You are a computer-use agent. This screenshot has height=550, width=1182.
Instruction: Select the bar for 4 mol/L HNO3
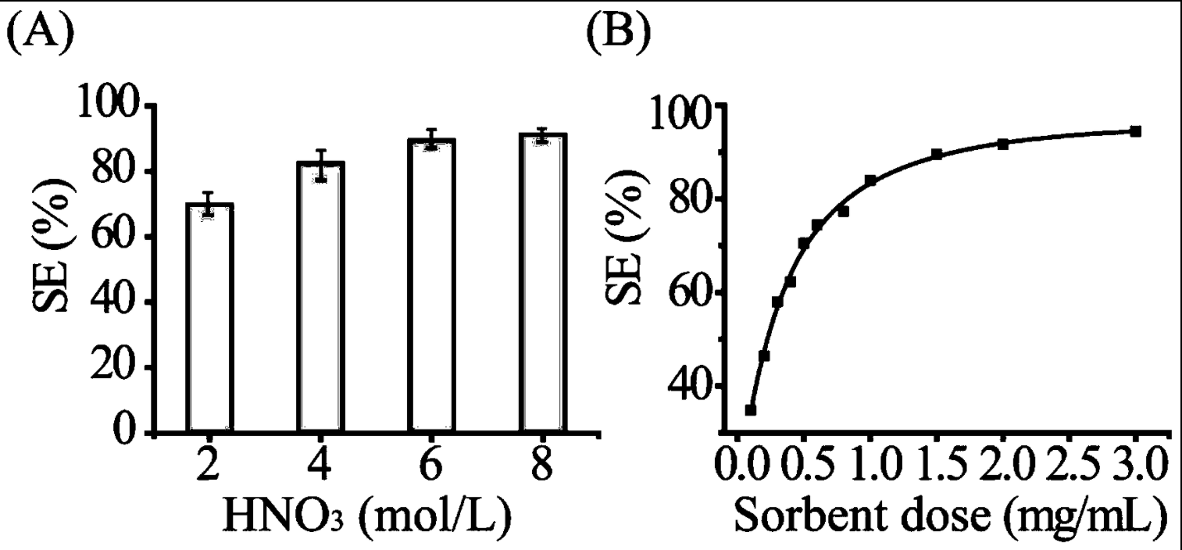tap(320, 297)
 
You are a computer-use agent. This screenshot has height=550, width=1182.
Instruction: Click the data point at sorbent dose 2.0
tap(1003, 144)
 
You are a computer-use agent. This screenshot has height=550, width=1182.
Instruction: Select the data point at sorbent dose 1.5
tap(937, 155)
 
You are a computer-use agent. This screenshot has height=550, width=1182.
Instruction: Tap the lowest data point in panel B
tap(751, 409)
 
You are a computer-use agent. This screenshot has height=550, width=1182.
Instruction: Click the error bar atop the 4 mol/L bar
tap(320, 165)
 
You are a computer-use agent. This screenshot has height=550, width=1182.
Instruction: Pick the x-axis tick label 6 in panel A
tap(430, 467)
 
